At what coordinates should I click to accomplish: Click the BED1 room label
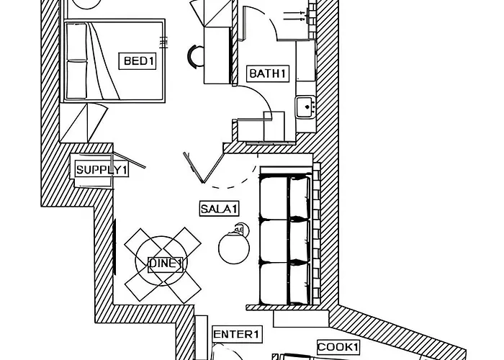[138, 61]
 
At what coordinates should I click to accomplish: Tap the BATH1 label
[268, 73]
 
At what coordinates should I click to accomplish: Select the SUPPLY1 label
[102, 170]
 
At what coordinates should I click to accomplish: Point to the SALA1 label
[219, 209]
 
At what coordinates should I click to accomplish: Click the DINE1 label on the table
[166, 264]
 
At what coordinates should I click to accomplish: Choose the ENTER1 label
[237, 334]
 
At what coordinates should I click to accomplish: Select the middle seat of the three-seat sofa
[284, 240]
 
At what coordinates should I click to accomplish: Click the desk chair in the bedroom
[195, 55]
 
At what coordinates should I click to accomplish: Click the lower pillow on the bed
[77, 79]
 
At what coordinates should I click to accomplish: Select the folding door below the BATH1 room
[197, 166]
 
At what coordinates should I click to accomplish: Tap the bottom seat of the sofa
[284, 282]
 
